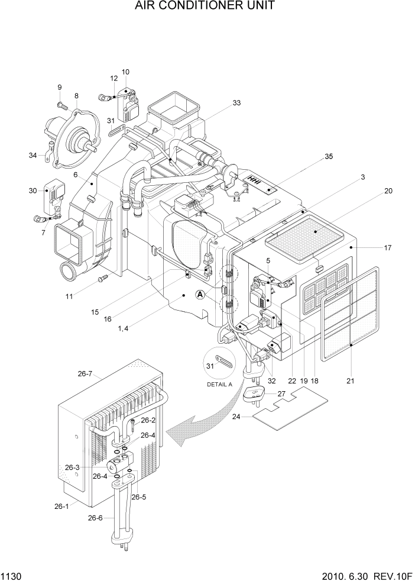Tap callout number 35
pyautogui.click(x=329, y=157)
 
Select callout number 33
pyautogui.click(x=236, y=103)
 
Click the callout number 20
pyautogui.click(x=388, y=191)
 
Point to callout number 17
pyautogui.click(x=388, y=248)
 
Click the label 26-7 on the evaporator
pyautogui.click(x=85, y=373)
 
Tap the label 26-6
pyautogui.click(x=95, y=518)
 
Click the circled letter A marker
pyautogui.click(x=201, y=294)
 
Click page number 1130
pyautogui.click(x=11, y=576)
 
